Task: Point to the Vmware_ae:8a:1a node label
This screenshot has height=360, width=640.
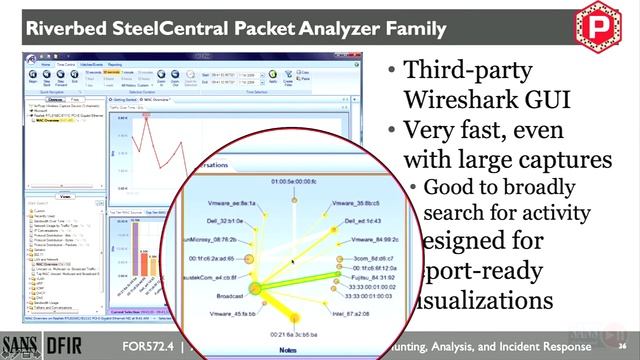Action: [x=233, y=203]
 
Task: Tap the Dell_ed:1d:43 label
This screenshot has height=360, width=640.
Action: [x=362, y=221]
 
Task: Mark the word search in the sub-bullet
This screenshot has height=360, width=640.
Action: [x=450, y=212]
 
